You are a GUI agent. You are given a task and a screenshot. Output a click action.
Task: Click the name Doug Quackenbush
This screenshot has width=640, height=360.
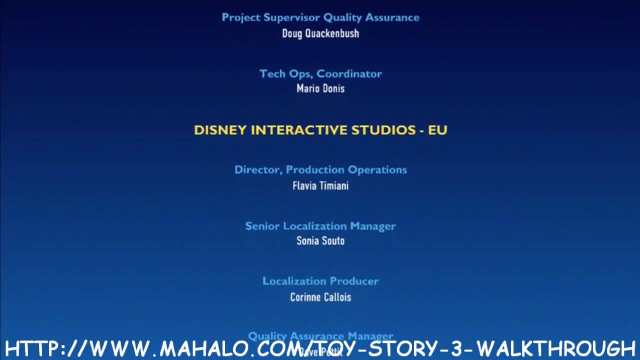(x=320, y=33)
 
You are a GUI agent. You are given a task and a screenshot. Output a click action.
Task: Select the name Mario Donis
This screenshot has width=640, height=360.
(x=320, y=88)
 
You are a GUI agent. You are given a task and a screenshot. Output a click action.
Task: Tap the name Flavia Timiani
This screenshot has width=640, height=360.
(x=320, y=185)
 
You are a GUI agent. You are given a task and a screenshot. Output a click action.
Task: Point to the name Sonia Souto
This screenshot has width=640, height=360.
(x=320, y=240)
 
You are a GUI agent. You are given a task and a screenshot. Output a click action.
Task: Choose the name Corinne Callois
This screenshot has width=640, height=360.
(x=320, y=297)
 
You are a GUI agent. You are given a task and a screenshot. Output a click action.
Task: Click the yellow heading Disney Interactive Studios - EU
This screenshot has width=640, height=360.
(x=320, y=130)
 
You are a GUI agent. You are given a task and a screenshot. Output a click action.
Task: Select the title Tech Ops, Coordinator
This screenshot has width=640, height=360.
(x=320, y=73)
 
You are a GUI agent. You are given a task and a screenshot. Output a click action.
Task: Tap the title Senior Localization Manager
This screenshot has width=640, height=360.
(x=320, y=226)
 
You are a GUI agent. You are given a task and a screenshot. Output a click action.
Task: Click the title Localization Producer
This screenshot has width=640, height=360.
(x=320, y=281)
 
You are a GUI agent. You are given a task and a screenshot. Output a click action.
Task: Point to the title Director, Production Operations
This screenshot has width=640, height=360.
(x=320, y=170)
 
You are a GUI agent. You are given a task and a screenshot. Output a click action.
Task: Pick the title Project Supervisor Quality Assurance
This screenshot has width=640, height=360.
(x=320, y=17)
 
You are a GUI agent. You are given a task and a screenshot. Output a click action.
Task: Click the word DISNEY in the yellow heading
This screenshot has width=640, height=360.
(x=220, y=130)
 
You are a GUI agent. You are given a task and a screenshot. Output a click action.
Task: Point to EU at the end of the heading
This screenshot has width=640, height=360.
(x=437, y=130)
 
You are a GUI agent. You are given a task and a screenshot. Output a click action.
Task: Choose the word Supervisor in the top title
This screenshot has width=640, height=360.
(x=291, y=17)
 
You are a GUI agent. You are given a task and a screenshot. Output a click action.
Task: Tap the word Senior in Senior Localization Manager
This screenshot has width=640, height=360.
(x=262, y=226)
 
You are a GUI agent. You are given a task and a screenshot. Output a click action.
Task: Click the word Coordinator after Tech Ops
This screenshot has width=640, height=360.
(x=349, y=73)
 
